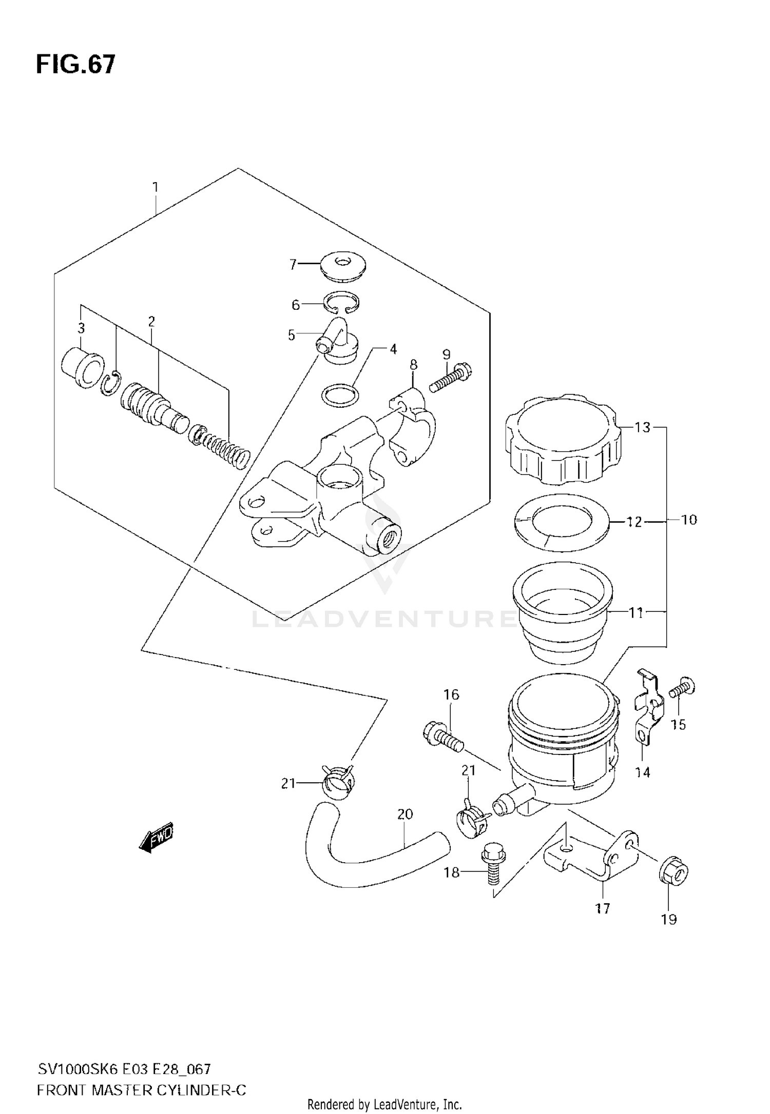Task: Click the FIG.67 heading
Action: [76, 66]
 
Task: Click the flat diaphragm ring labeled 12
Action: [562, 523]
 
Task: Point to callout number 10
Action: [689, 520]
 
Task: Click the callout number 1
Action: [155, 187]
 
